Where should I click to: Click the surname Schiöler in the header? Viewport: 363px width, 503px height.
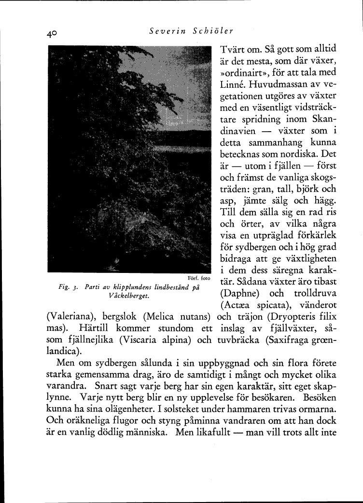(213, 31)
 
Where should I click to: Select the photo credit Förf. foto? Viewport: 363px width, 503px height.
(198, 279)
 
